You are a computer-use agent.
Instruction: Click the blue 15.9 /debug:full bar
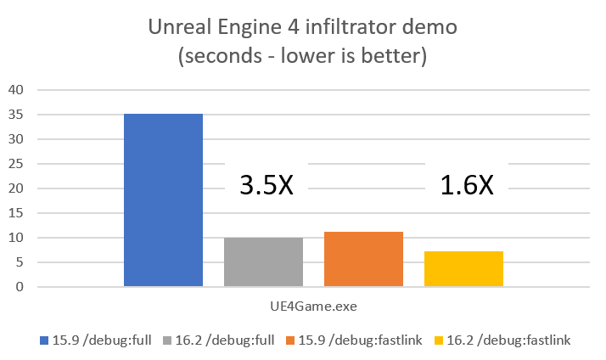point(163,200)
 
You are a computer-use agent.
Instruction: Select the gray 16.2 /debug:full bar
point(263,262)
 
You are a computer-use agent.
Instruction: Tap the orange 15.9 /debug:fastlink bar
point(363,259)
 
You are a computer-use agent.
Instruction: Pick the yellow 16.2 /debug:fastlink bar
point(463,269)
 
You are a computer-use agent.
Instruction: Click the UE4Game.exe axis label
point(313,303)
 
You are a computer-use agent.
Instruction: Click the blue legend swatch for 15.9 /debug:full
point(44,340)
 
